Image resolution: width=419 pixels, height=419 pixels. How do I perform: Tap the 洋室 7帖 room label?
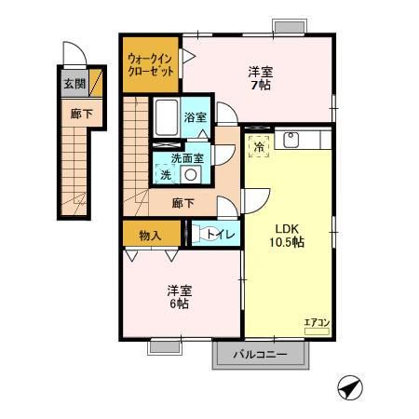[x=261, y=78]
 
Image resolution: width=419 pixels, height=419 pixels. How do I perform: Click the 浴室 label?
[x=195, y=118]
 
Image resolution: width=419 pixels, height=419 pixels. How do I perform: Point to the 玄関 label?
[x=74, y=85]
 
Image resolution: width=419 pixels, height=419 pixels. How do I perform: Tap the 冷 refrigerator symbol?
[x=258, y=147]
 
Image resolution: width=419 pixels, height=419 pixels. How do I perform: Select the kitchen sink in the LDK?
[x=291, y=141]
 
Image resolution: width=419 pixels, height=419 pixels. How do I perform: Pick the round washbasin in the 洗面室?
[x=191, y=174]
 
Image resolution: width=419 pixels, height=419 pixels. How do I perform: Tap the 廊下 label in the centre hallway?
[x=183, y=203]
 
